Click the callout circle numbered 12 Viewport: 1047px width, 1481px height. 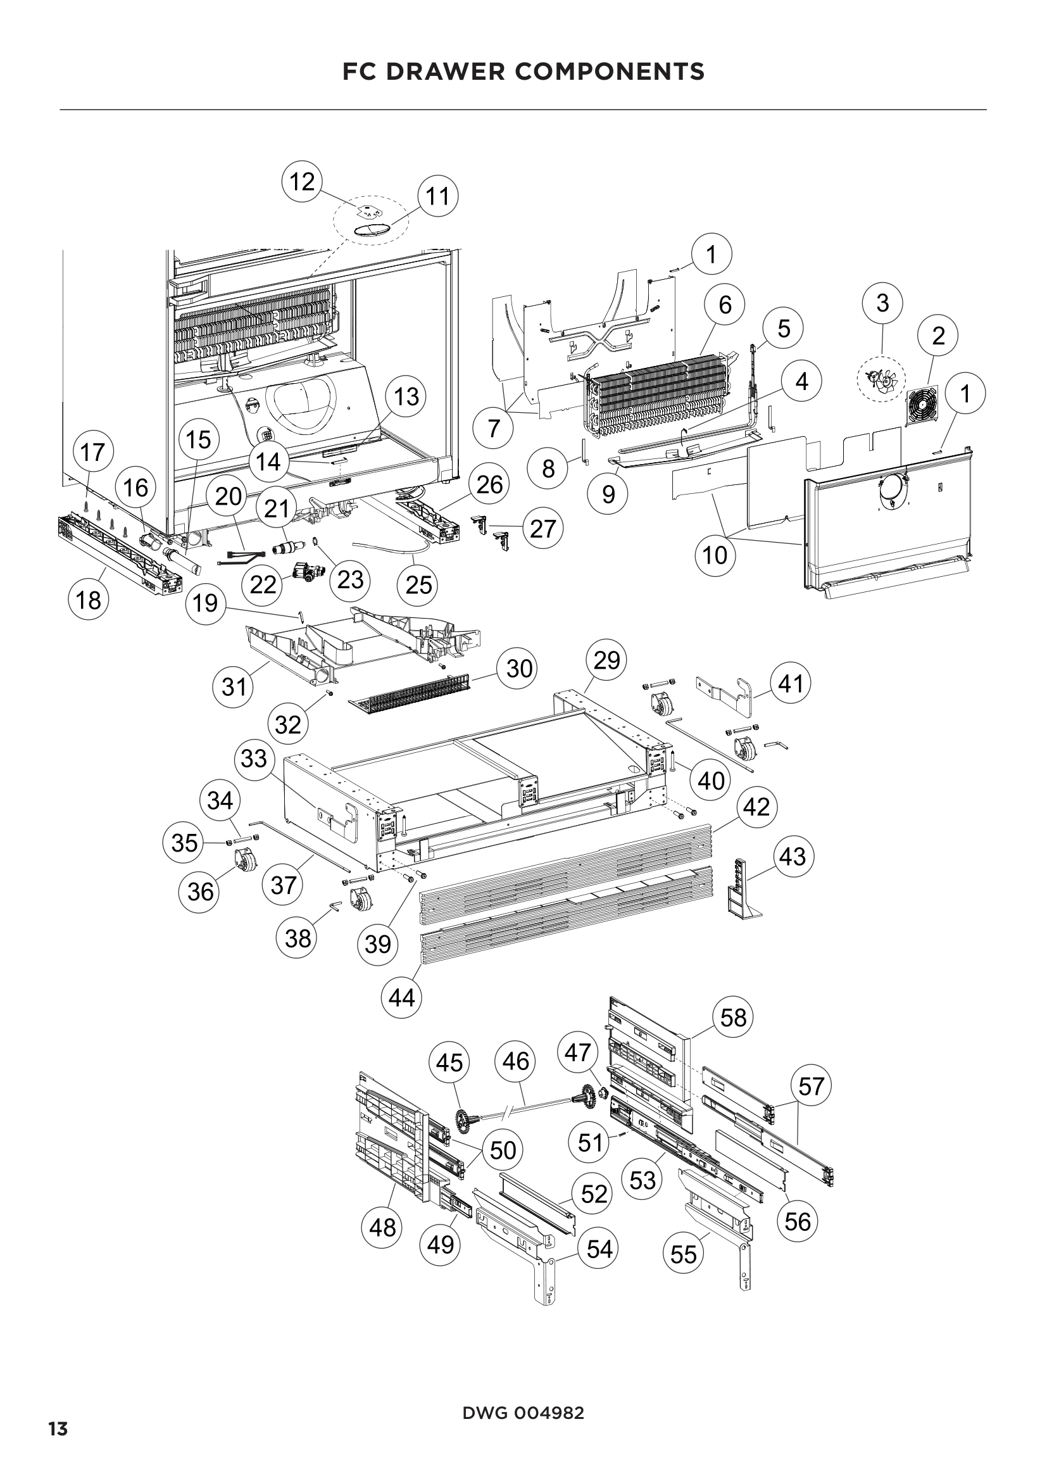pos(302,182)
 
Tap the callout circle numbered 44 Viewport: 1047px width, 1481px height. pos(402,998)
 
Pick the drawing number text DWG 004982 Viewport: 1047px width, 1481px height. pos(523,1408)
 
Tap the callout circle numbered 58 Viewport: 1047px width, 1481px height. pos(733,1018)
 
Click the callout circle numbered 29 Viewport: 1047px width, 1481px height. pos(606,660)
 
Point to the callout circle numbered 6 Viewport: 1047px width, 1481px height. pos(725,305)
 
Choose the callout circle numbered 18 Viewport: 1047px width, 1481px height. pos(89,600)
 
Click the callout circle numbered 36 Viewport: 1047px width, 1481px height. pos(200,892)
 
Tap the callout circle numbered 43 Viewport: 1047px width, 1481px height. pos(793,857)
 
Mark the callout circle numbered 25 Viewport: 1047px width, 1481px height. pos(418,585)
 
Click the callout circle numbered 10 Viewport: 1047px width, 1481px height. pos(715,555)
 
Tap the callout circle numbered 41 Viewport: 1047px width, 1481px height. pos(791,683)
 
